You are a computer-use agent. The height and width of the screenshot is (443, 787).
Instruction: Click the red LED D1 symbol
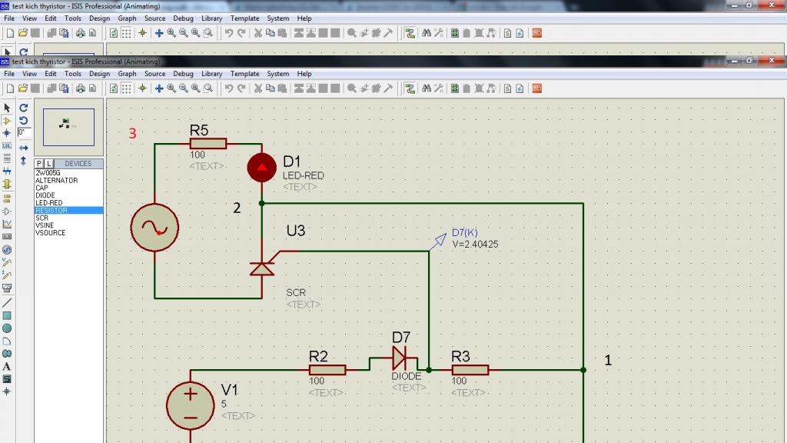click(x=261, y=167)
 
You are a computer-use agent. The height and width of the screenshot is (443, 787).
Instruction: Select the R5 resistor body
click(x=208, y=144)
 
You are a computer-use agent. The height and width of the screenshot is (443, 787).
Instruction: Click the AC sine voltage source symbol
click(x=154, y=228)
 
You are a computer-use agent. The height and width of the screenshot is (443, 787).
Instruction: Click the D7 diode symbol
click(x=400, y=358)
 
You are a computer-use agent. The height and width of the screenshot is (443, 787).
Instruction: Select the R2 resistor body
click(x=327, y=370)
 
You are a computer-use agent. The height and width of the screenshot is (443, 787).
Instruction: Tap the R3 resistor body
click(x=470, y=370)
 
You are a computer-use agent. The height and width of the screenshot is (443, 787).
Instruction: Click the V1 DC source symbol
click(x=191, y=406)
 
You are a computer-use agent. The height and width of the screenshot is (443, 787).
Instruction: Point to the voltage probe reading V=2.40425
click(x=475, y=244)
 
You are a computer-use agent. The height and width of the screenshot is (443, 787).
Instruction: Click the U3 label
click(x=296, y=231)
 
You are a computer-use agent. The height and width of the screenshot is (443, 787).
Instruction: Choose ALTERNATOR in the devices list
click(x=56, y=180)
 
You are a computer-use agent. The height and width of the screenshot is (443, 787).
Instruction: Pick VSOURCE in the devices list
click(x=50, y=232)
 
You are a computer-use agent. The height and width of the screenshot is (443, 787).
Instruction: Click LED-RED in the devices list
click(x=48, y=203)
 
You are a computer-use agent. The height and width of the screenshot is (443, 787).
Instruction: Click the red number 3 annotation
click(x=132, y=134)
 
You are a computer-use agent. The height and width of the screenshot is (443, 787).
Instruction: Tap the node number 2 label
click(x=237, y=208)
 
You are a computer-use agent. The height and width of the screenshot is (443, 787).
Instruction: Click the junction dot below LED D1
click(x=261, y=203)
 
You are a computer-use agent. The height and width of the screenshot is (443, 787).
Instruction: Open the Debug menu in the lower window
click(x=183, y=74)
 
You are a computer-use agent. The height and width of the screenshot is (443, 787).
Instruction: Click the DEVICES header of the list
click(x=78, y=164)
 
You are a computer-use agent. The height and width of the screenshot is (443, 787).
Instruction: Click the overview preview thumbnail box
click(x=68, y=127)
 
